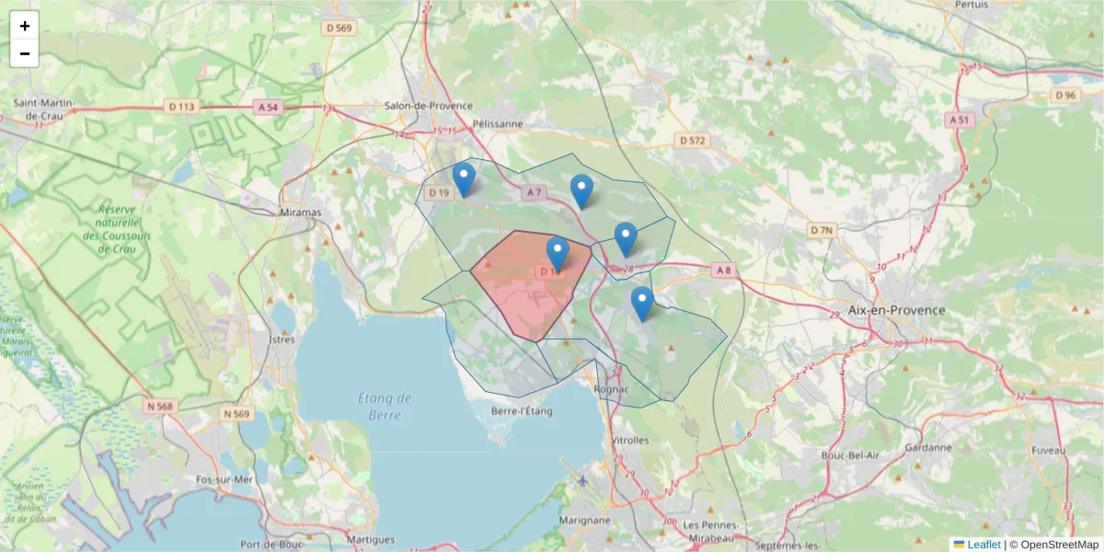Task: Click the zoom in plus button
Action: coord(25,26)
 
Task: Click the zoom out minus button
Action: coord(25,53)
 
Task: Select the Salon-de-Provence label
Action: coord(428,106)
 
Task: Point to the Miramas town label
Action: coord(300,213)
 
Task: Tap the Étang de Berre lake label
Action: coord(385,406)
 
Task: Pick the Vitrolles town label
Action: coord(630,440)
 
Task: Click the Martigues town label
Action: coord(372,540)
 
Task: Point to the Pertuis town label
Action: coord(972,5)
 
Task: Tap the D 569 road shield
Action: coord(339,28)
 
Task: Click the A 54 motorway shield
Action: coord(268,107)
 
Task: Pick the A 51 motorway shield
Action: coord(960,120)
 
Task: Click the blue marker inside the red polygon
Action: coord(558,254)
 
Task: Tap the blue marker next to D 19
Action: coord(465,179)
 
